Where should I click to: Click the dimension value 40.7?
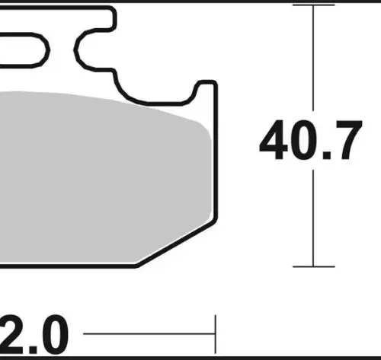coord(311,140)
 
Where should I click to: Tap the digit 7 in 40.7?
coord(347,140)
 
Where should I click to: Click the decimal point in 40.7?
coord(327,155)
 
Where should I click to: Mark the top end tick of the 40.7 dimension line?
coord(313,5)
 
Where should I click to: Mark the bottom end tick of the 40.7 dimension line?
coord(313,266)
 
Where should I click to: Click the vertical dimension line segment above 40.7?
coord(313,58)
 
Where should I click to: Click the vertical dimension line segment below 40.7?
coord(313,218)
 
